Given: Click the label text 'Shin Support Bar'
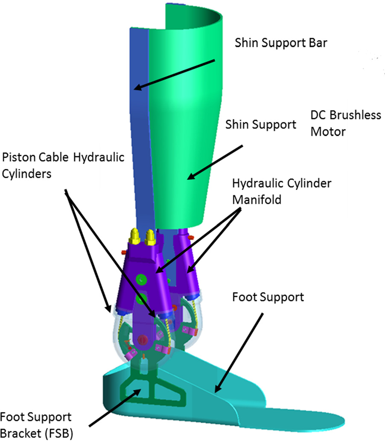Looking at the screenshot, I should [x=281, y=43].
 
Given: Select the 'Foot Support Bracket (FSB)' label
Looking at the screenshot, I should [x=37, y=425].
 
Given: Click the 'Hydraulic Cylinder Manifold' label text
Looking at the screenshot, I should [x=282, y=191].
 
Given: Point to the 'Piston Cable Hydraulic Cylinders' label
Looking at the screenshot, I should [x=63, y=164].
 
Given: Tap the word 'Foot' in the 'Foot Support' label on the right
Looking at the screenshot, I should [x=245, y=296].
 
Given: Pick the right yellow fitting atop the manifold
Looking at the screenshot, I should [x=150, y=237].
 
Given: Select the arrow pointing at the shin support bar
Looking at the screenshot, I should [x=175, y=75].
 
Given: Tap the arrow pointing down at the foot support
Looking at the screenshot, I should [x=239, y=352].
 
